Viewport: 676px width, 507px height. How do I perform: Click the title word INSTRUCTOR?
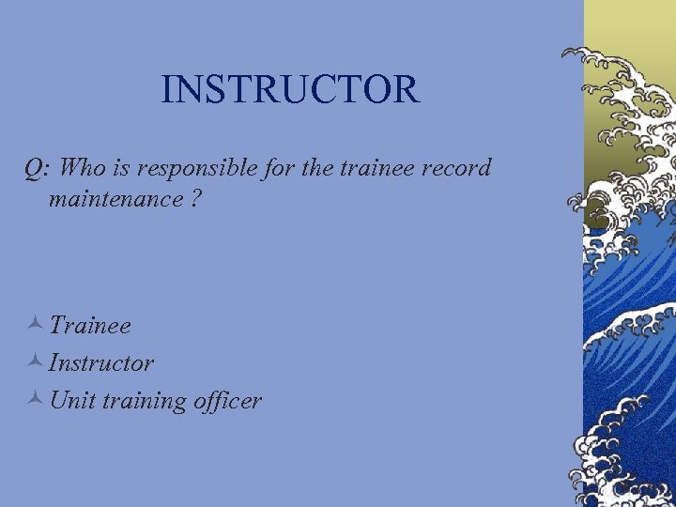click(x=290, y=89)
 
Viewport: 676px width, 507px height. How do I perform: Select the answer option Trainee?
click(x=90, y=326)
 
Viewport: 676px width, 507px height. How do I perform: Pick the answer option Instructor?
click(x=101, y=362)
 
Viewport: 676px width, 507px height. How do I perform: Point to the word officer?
click(x=228, y=401)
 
